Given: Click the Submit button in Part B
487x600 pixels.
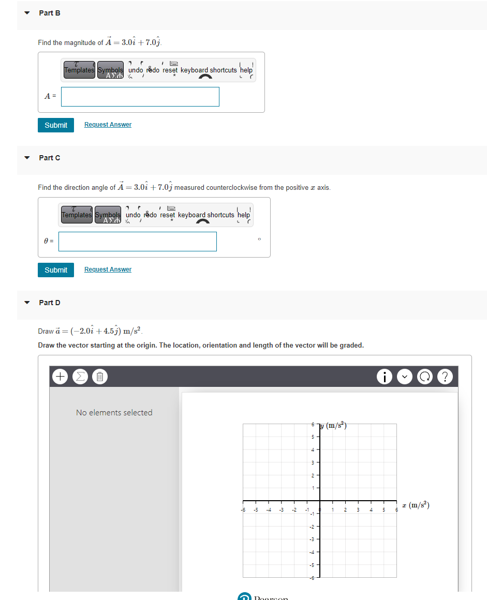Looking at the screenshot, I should pos(56,125).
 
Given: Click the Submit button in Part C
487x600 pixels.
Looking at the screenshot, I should pos(56,270).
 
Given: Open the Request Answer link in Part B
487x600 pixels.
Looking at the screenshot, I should pos(108,125).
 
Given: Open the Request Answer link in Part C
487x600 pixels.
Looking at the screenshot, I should pos(108,269).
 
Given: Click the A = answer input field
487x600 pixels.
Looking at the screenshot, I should pos(140,97).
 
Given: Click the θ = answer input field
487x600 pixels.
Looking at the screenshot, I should pos(138,242).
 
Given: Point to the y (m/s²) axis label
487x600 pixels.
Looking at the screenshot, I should pos(334,426).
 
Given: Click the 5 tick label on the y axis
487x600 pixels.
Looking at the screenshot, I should pos(313,437).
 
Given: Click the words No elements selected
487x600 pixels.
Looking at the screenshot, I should pos(114,413).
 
